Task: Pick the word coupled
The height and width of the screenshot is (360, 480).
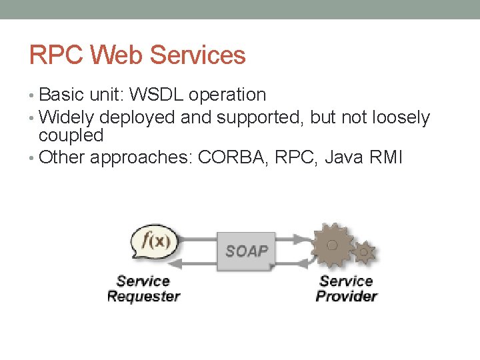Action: click(71, 135)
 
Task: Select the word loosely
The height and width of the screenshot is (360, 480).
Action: click(395, 118)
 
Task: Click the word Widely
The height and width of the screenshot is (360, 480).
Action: click(67, 118)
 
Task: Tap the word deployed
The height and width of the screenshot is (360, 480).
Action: click(139, 118)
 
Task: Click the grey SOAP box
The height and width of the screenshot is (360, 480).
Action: click(246, 251)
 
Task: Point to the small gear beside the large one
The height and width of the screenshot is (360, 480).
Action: click(364, 252)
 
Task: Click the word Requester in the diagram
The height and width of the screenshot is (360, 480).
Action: click(143, 296)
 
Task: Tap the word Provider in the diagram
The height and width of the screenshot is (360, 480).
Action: click(346, 296)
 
